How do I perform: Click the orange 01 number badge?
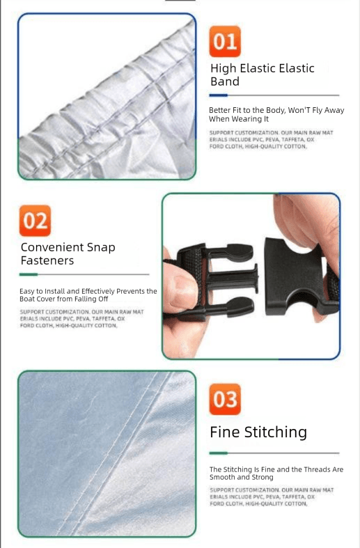point(225,41)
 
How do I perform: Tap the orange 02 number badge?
point(35,221)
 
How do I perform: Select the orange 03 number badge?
point(225,399)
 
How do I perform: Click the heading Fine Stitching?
point(258,432)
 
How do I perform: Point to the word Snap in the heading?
point(101,248)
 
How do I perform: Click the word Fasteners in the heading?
point(47,260)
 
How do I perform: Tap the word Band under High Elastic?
point(225,81)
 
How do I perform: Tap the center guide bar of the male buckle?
point(235,279)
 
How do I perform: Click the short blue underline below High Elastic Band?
point(219,95)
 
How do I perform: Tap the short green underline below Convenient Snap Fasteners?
point(29,275)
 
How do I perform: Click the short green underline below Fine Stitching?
point(219,453)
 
